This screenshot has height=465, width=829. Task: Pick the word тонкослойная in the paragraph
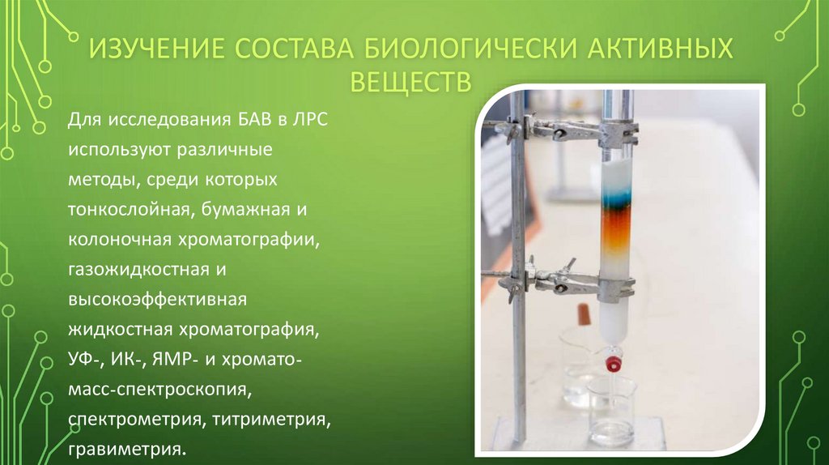[x=127, y=211]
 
